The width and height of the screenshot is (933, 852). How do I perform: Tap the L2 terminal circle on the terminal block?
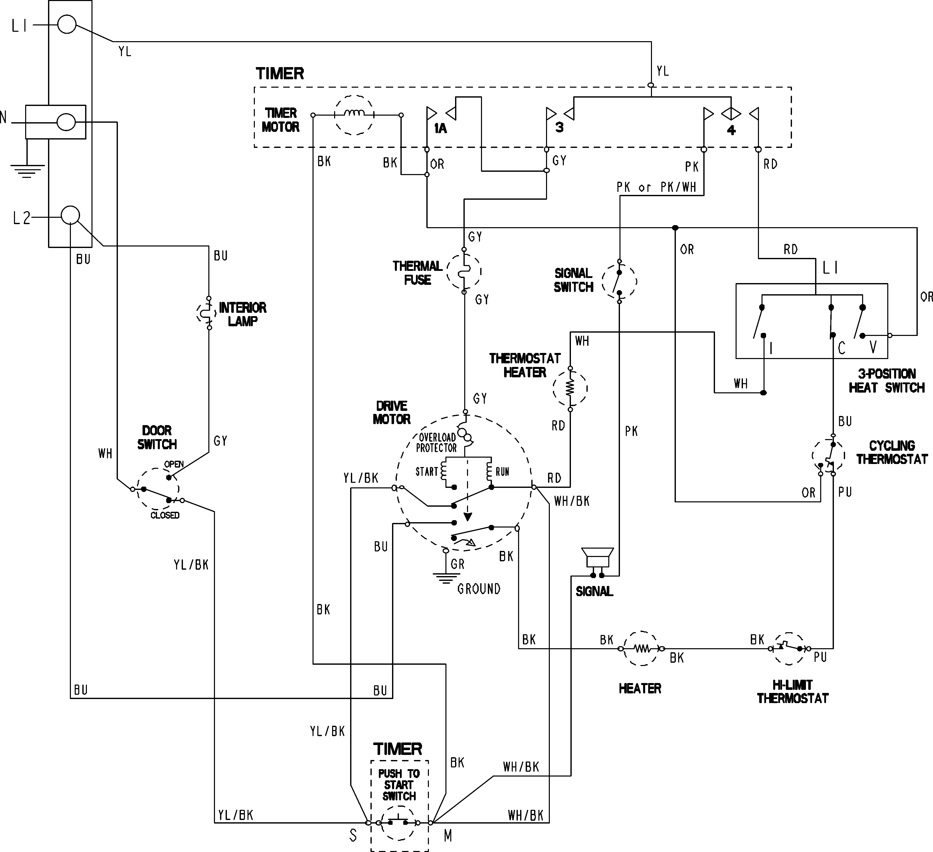tap(70, 216)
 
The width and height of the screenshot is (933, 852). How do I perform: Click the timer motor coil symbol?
tap(354, 115)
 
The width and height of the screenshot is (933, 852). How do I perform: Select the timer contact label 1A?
tap(440, 129)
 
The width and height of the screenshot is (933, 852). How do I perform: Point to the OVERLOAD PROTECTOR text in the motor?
tap(437, 442)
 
